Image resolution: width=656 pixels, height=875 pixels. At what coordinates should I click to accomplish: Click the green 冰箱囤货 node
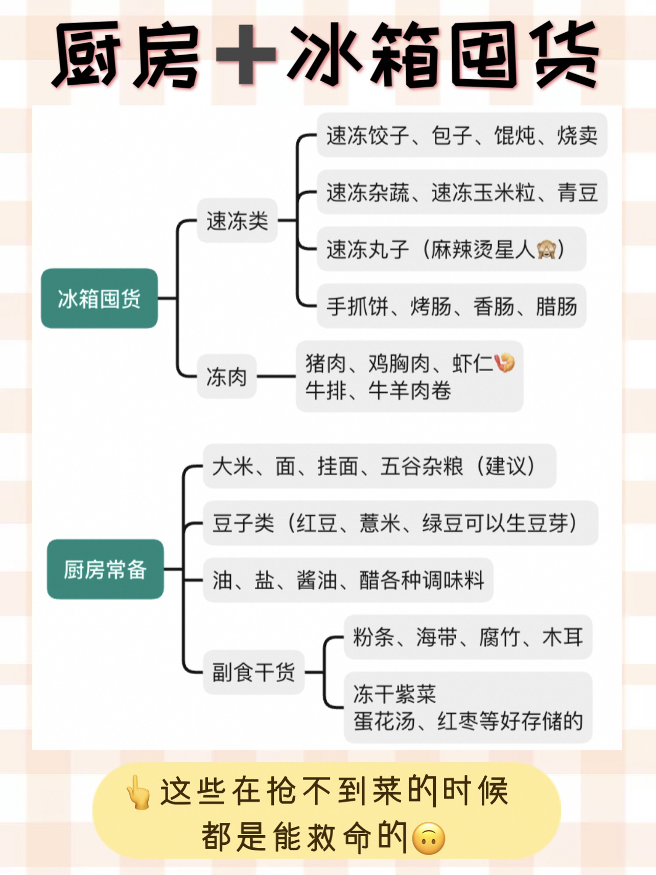(x=99, y=298)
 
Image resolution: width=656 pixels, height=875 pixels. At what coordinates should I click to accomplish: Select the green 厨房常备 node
(x=105, y=569)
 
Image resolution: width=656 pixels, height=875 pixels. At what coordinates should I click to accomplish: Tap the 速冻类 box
(x=237, y=221)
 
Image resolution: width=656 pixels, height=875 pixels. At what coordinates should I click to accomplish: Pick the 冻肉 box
(x=226, y=377)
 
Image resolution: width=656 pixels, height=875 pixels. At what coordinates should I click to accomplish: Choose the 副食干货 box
(x=253, y=672)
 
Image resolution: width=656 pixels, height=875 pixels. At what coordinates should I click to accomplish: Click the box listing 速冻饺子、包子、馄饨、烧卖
(x=461, y=135)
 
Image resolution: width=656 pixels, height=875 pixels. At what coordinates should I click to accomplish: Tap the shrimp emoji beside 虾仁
(x=505, y=362)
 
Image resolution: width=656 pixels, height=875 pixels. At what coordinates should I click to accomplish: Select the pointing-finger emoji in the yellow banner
(x=138, y=793)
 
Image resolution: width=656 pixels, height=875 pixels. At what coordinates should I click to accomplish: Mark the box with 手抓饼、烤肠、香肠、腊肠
(x=451, y=306)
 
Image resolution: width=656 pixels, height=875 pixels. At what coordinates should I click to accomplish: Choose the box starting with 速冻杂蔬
(x=461, y=193)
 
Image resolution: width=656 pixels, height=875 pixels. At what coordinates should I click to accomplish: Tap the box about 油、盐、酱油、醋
(x=348, y=580)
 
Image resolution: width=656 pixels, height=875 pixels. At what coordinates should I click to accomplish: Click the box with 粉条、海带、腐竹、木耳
(x=467, y=637)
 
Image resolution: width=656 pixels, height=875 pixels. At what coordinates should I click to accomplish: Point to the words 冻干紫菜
(x=394, y=694)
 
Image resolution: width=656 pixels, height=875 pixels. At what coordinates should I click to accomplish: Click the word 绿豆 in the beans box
(x=442, y=523)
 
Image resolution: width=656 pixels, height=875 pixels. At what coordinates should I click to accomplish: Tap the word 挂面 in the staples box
(x=337, y=466)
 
